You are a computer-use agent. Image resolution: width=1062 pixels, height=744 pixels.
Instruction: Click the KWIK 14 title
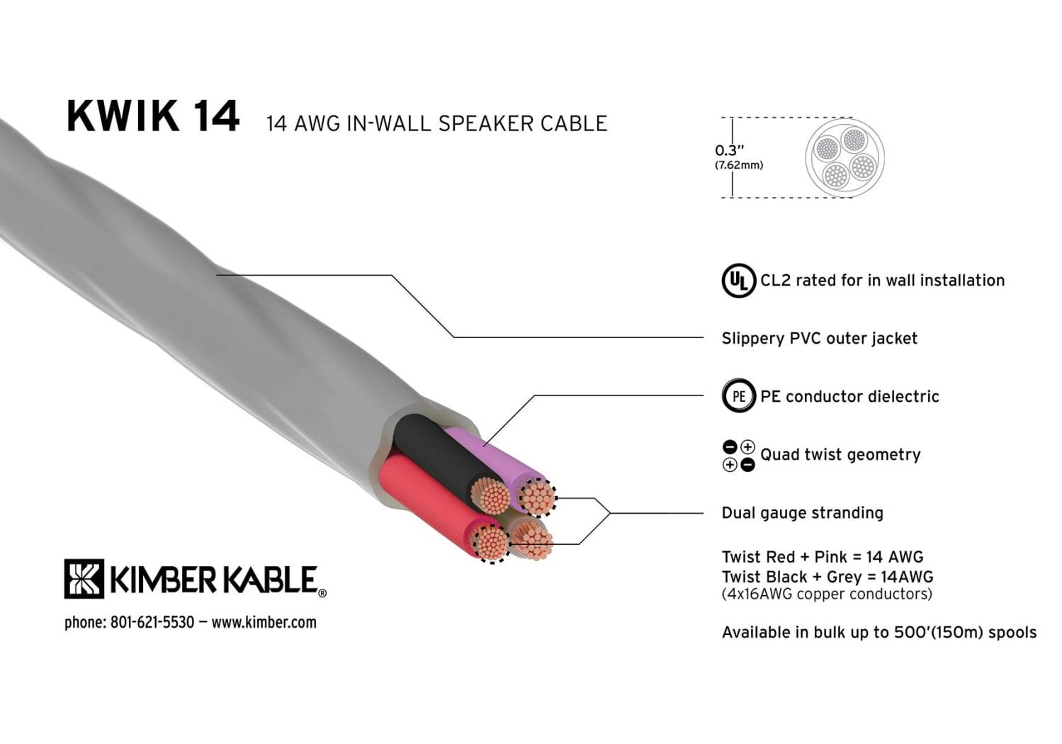(152, 116)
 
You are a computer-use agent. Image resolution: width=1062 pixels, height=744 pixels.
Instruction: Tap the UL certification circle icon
(738, 281)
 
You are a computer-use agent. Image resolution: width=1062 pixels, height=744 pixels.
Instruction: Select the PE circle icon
(738, 396)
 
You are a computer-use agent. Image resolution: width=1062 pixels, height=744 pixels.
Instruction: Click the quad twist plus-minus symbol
(738, 456)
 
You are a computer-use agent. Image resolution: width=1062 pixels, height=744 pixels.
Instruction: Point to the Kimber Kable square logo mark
(84, 578)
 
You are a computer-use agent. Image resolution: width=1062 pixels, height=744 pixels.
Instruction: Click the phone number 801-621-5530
(152, 622)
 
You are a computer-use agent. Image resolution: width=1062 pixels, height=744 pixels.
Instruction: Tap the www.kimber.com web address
(264, 622)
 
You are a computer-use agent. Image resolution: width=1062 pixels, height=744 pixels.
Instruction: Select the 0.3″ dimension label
(729, 150)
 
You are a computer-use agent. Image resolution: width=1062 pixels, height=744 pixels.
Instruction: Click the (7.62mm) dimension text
(739, 166)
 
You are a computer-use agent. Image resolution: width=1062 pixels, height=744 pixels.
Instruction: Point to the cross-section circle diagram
(844, 157)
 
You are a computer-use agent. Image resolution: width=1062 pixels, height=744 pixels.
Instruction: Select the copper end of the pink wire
(537, 497)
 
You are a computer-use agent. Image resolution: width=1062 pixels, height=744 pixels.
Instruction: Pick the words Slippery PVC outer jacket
(819, 339)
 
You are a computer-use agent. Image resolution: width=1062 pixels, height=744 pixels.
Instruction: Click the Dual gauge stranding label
(802, 513)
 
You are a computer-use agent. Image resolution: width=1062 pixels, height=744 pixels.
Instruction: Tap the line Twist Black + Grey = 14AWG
(827, 577)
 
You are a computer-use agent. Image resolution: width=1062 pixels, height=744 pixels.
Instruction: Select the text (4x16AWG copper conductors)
(827, 594)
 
